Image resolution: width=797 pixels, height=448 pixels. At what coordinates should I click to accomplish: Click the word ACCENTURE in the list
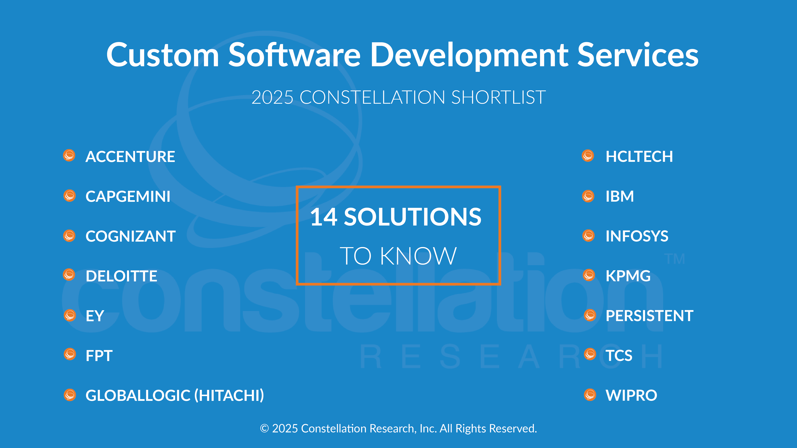click(130, 156)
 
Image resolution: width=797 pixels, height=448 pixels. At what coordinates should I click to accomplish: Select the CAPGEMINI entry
click(128, 196)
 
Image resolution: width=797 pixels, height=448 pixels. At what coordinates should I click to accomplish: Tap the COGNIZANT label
click(131, 236)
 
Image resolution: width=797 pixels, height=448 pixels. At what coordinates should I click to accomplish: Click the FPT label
click(99, 356)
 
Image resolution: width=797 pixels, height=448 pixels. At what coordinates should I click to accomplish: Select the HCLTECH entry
click(639, 156)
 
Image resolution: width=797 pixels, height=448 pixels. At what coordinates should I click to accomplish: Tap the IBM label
click(620, 196)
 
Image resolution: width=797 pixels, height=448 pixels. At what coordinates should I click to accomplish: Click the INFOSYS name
click(637, 236)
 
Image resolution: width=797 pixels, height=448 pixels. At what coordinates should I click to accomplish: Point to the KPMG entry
click(628, 276)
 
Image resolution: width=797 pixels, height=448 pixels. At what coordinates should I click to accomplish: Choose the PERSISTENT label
click(649, 316)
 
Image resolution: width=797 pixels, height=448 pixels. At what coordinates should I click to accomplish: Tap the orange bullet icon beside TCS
click(590, 354)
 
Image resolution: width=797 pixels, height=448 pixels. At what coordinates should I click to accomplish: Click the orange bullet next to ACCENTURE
click(69, 155)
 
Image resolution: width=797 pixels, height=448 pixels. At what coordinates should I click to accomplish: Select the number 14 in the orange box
click(324, 217)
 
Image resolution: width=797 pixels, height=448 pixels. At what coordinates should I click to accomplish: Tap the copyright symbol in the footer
click(264, 429)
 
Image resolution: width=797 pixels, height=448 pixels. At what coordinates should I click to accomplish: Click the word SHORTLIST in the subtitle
click(499, 97)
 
